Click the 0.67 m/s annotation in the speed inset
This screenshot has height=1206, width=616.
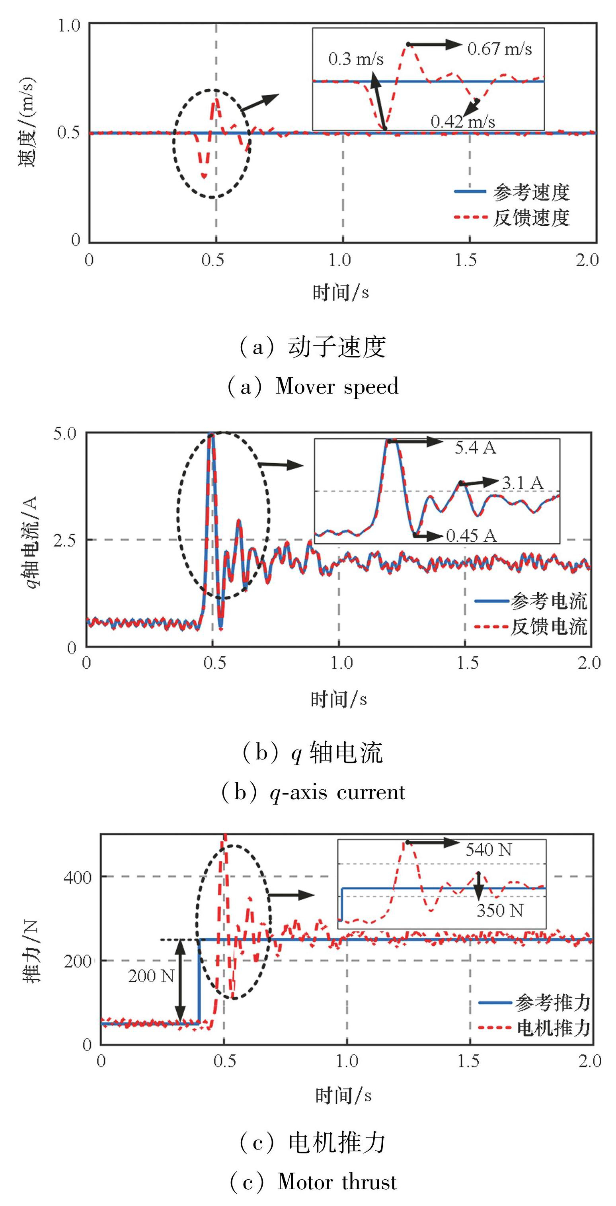pos(499,49)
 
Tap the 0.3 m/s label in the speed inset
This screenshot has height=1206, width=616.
pos(356,59)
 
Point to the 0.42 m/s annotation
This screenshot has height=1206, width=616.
pos(462,122)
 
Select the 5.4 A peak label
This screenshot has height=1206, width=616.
pos(475,448)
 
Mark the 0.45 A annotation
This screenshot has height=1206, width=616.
pos(471,536)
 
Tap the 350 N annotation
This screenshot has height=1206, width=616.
pos(499,910)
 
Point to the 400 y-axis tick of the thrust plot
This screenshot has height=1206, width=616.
pos(78,876)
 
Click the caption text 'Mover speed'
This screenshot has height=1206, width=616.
pos(337,387)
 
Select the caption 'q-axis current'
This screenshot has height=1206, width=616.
pos(337,792)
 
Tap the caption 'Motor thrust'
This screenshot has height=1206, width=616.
pos(337,1181)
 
